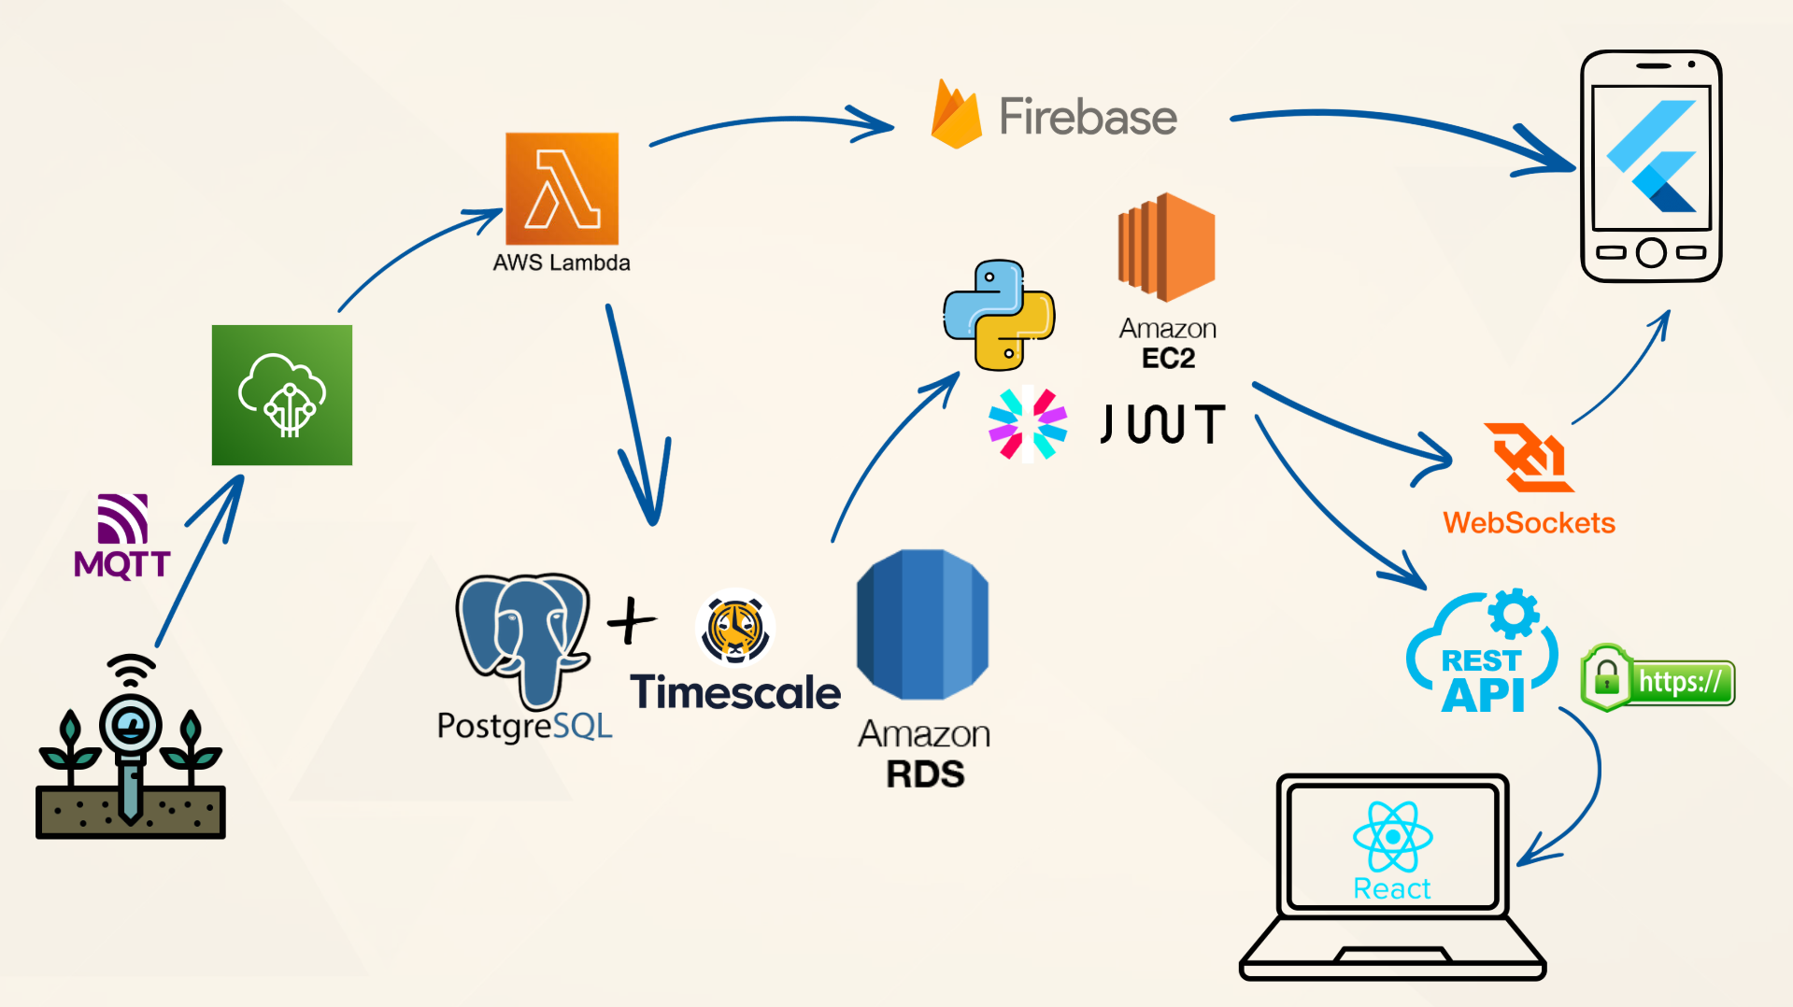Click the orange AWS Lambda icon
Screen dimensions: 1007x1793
tap(562, 189)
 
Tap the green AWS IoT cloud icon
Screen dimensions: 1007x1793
tap(281, 394)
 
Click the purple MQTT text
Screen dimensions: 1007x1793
tap(121, 564)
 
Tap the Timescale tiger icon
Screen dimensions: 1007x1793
tap(734, 627)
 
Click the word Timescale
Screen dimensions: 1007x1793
tap(735, 693)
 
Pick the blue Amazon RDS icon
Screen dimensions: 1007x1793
tap(922, 624)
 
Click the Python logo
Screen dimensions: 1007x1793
tap(998, 315)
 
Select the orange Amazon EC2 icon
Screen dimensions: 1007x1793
tap(1166, 247)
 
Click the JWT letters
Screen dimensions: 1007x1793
tap(1162, 424)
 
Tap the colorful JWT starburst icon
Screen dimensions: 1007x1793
tap(1028, 424)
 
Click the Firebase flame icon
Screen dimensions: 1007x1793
tap(956, 116)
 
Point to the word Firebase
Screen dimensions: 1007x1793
tap(1088, 117)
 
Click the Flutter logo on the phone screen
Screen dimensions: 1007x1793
tap(1651, 156)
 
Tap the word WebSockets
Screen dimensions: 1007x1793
tap(1529, 522)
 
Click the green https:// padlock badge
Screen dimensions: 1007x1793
tap(1658, 680)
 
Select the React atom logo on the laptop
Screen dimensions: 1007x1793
tap(1392, 836)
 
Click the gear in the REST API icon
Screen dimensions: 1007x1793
tap(1513, 614)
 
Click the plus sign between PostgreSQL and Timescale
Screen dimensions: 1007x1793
tap(632, 620)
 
